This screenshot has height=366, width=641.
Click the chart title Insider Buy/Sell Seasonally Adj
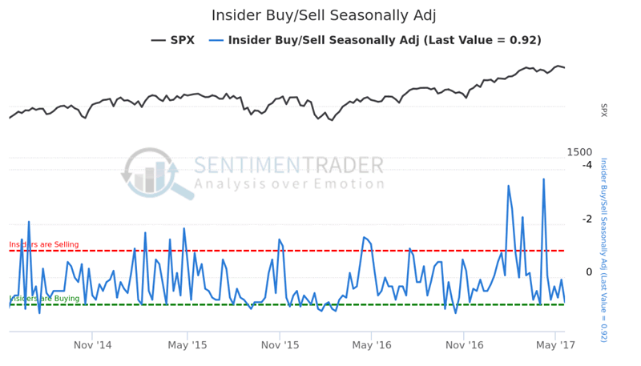pos(324,15)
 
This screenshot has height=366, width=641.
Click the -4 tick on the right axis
pos(587,165)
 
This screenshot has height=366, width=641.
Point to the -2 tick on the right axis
pos(587,219)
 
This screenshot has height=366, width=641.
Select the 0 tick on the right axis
pos(588,272)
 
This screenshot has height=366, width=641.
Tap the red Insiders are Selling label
pos(44,244)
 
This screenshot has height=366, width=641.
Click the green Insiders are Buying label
pos(44,298)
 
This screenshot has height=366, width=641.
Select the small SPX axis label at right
pos(604,111)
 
